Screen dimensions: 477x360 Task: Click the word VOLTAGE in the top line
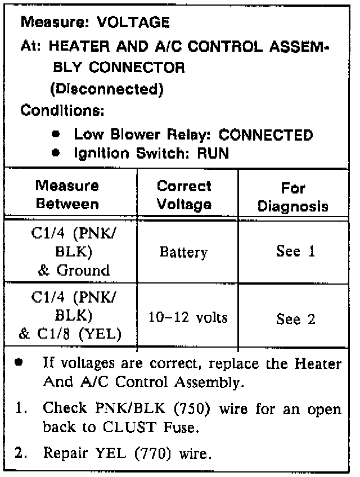coord(133,23)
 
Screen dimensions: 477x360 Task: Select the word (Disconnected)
coord(106,89)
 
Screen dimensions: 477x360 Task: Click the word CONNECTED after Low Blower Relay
coord(265,135)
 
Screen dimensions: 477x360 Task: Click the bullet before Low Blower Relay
coord(56,136)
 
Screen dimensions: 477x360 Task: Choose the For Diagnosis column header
coord(292,196)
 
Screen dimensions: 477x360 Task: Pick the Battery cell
coord(183,252)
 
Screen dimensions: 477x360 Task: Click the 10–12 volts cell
coord(187,318)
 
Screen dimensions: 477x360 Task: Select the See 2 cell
coord(295,319)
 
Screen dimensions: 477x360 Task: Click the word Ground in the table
coord(83,270)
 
